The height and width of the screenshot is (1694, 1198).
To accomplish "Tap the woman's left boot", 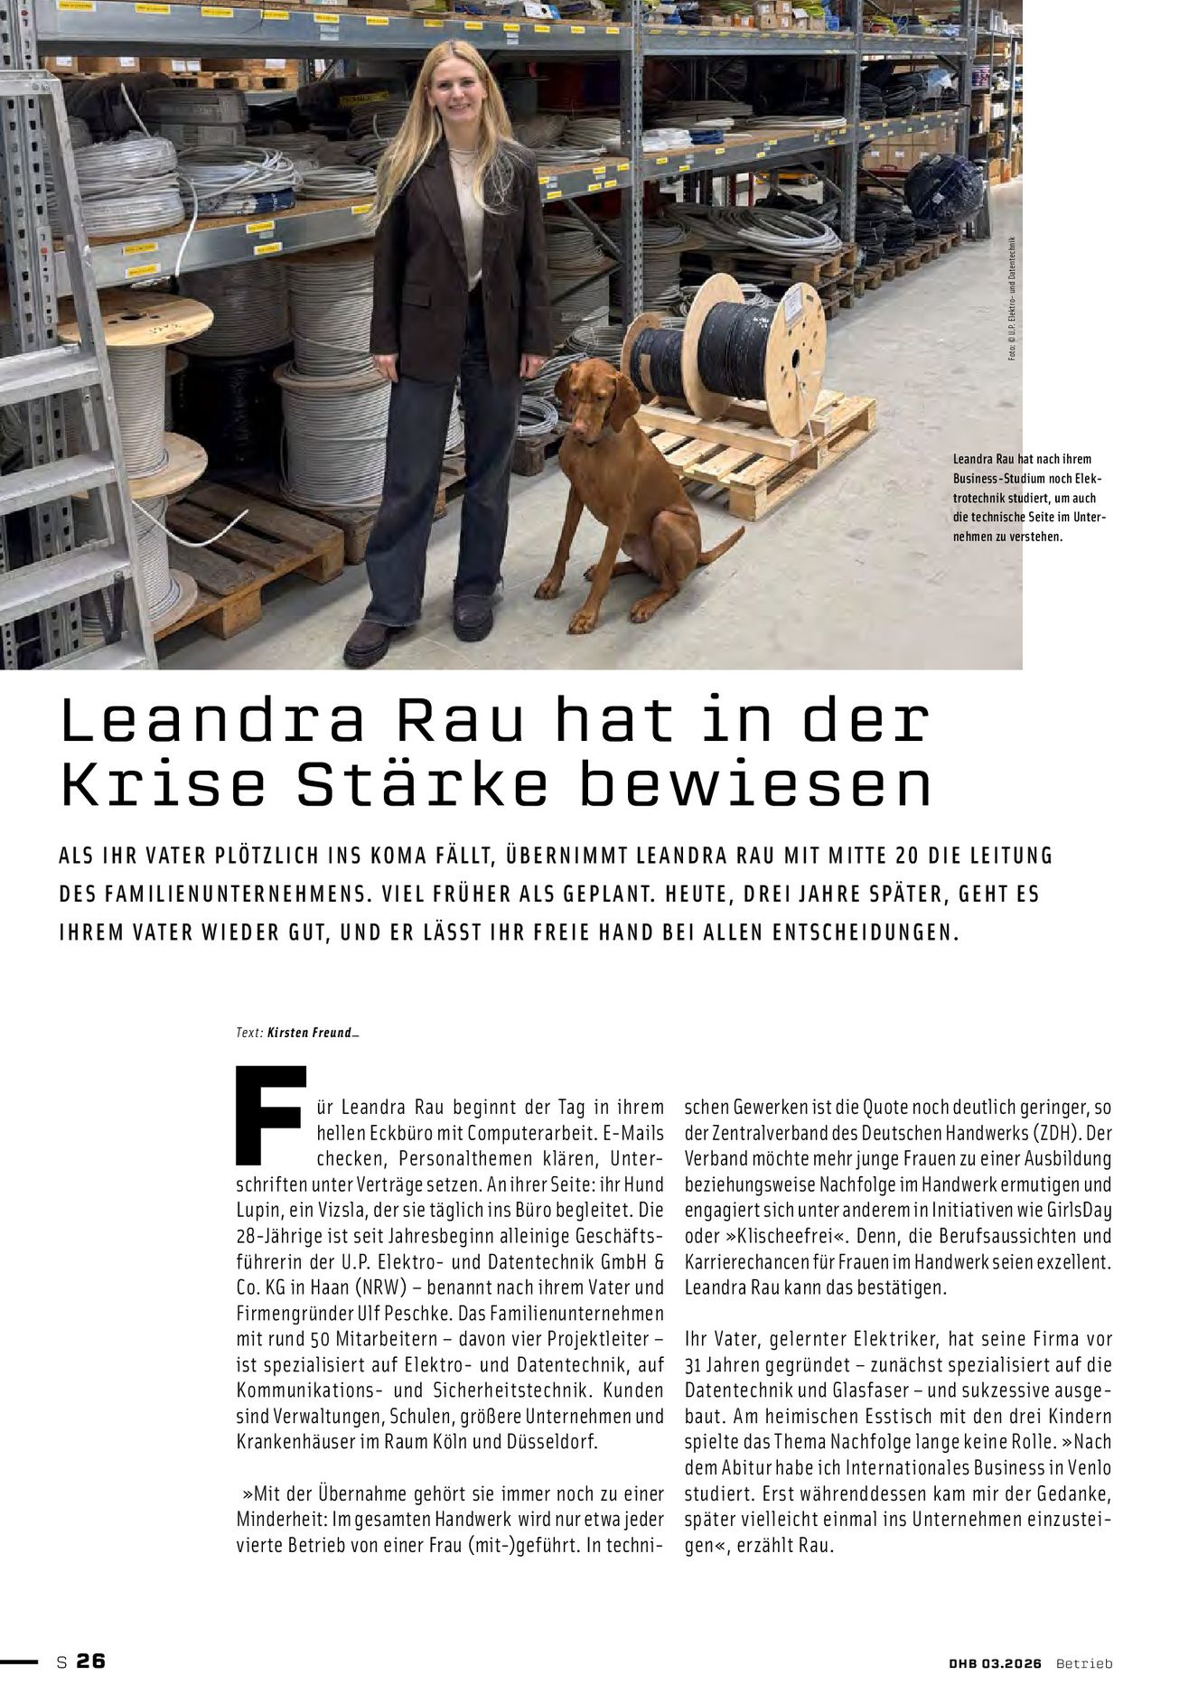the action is pyautogui.click(x=473, y=617).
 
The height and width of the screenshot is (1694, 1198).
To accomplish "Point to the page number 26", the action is pyautogui.click(x=90, y=1661).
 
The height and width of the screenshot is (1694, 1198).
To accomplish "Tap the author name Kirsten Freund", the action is pyautogui.click(x=310, y=1033).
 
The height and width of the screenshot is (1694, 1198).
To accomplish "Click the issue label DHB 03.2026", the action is pyautogui.click(x=995, y=1663).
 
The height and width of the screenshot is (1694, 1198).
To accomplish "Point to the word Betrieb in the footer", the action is pyautogui.click(x=1084, y=1663).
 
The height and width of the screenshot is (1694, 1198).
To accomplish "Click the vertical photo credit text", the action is pyautogui.click(x=1013, y=299).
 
